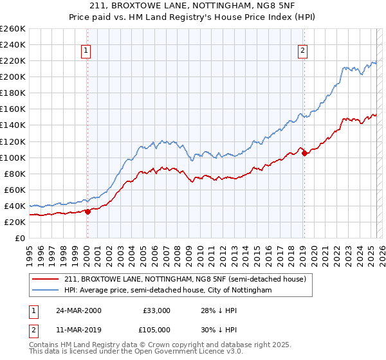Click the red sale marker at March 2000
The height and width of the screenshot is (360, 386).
[x=88, y=212]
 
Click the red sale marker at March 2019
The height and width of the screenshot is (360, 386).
[x=304, y=154]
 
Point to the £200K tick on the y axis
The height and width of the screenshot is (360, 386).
[x=13, y=76]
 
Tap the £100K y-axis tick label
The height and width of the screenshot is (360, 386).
[x=13, y=157]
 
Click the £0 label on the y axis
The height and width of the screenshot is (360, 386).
[x=19, y=238]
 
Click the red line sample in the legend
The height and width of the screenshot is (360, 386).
[x=46, y=279]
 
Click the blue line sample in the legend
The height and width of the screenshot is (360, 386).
[x=46, y=291]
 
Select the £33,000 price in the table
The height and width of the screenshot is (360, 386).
[x=156, y=310]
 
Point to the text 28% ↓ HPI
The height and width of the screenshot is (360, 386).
[x=219, y=310]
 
